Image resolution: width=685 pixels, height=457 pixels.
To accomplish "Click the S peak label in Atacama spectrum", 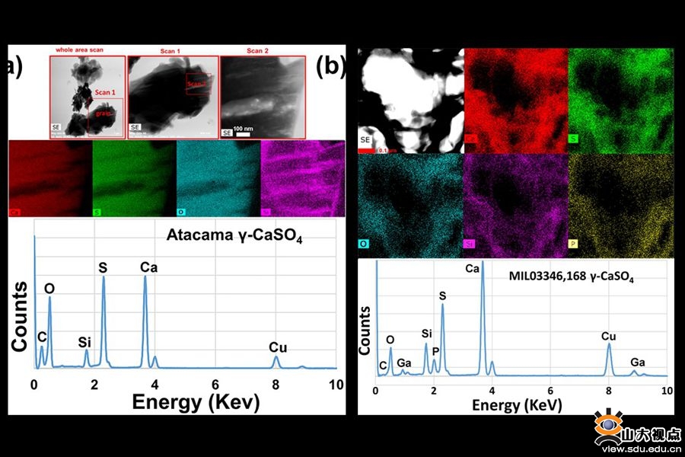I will tap(103, 267).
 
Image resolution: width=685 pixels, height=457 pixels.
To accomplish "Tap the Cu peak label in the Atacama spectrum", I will tap(277, 347).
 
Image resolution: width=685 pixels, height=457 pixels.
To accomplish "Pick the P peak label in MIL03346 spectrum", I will tap(435, 351).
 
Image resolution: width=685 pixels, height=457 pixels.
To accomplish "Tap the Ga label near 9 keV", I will tap(636, 363).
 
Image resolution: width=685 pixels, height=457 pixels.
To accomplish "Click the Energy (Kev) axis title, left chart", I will tap(196, 402).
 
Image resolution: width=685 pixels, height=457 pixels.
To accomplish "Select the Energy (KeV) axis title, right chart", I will tap(518, 404).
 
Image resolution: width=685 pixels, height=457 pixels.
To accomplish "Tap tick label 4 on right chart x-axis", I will tap(492, 391).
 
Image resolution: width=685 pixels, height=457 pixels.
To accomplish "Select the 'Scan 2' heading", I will tap(257, 50).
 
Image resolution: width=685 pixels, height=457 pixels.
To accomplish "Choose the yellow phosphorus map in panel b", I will tap(621, 204).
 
